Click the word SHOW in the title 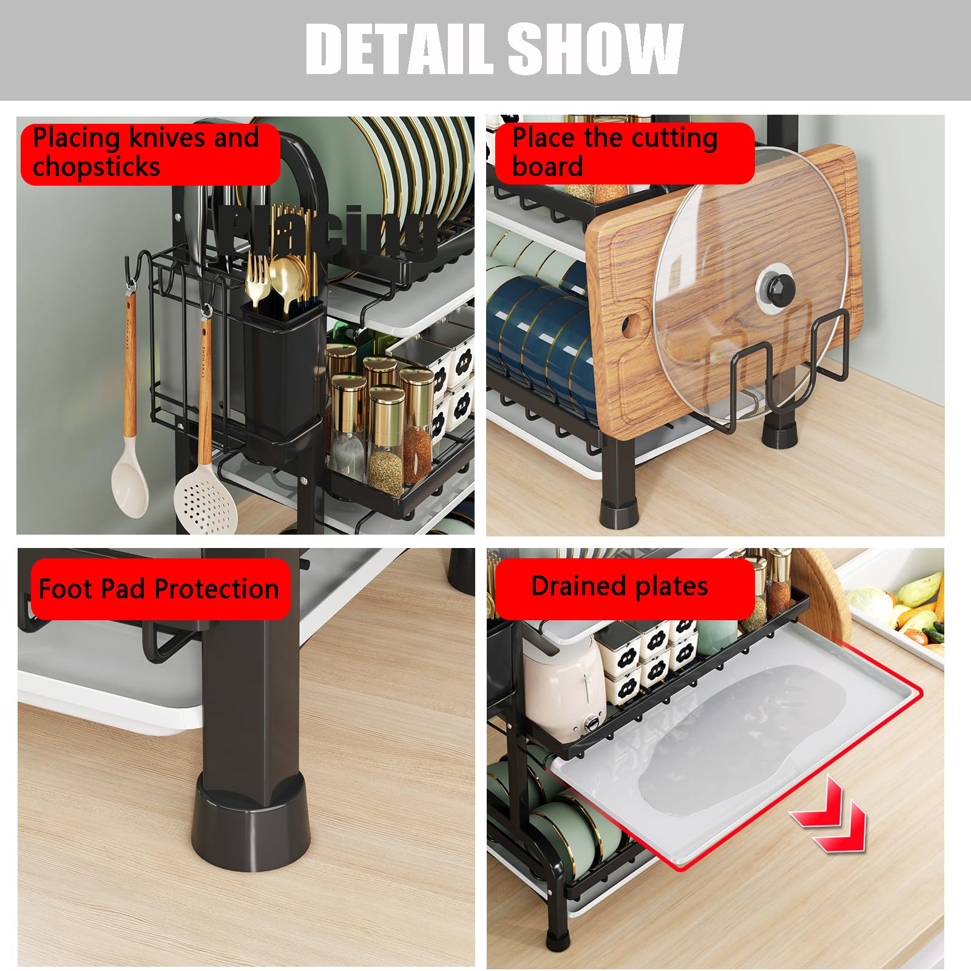click(x=595, y=49)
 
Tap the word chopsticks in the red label click(x=96, y=166)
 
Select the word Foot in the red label click(x=66, y=589)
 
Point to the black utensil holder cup click(x=282, y=370)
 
